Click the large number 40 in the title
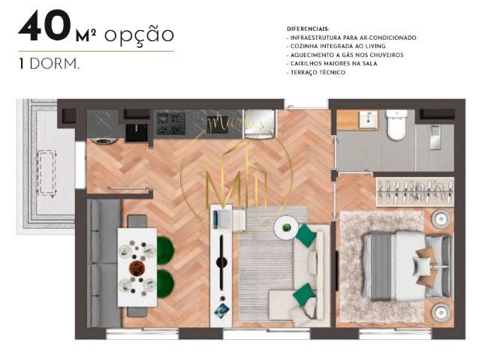tap(44, 27)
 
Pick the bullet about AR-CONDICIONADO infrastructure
tap(353, 37)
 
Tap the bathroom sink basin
tap(367, 120)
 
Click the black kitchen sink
tap(136, 131)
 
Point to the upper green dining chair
tap(164, 250)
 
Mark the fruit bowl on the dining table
tap(137, 268)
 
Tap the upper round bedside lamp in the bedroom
tap(440, 218)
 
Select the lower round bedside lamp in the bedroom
tap(440, 311)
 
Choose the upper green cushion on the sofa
tap(306, 236)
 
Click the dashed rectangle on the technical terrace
tap(47, 172)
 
